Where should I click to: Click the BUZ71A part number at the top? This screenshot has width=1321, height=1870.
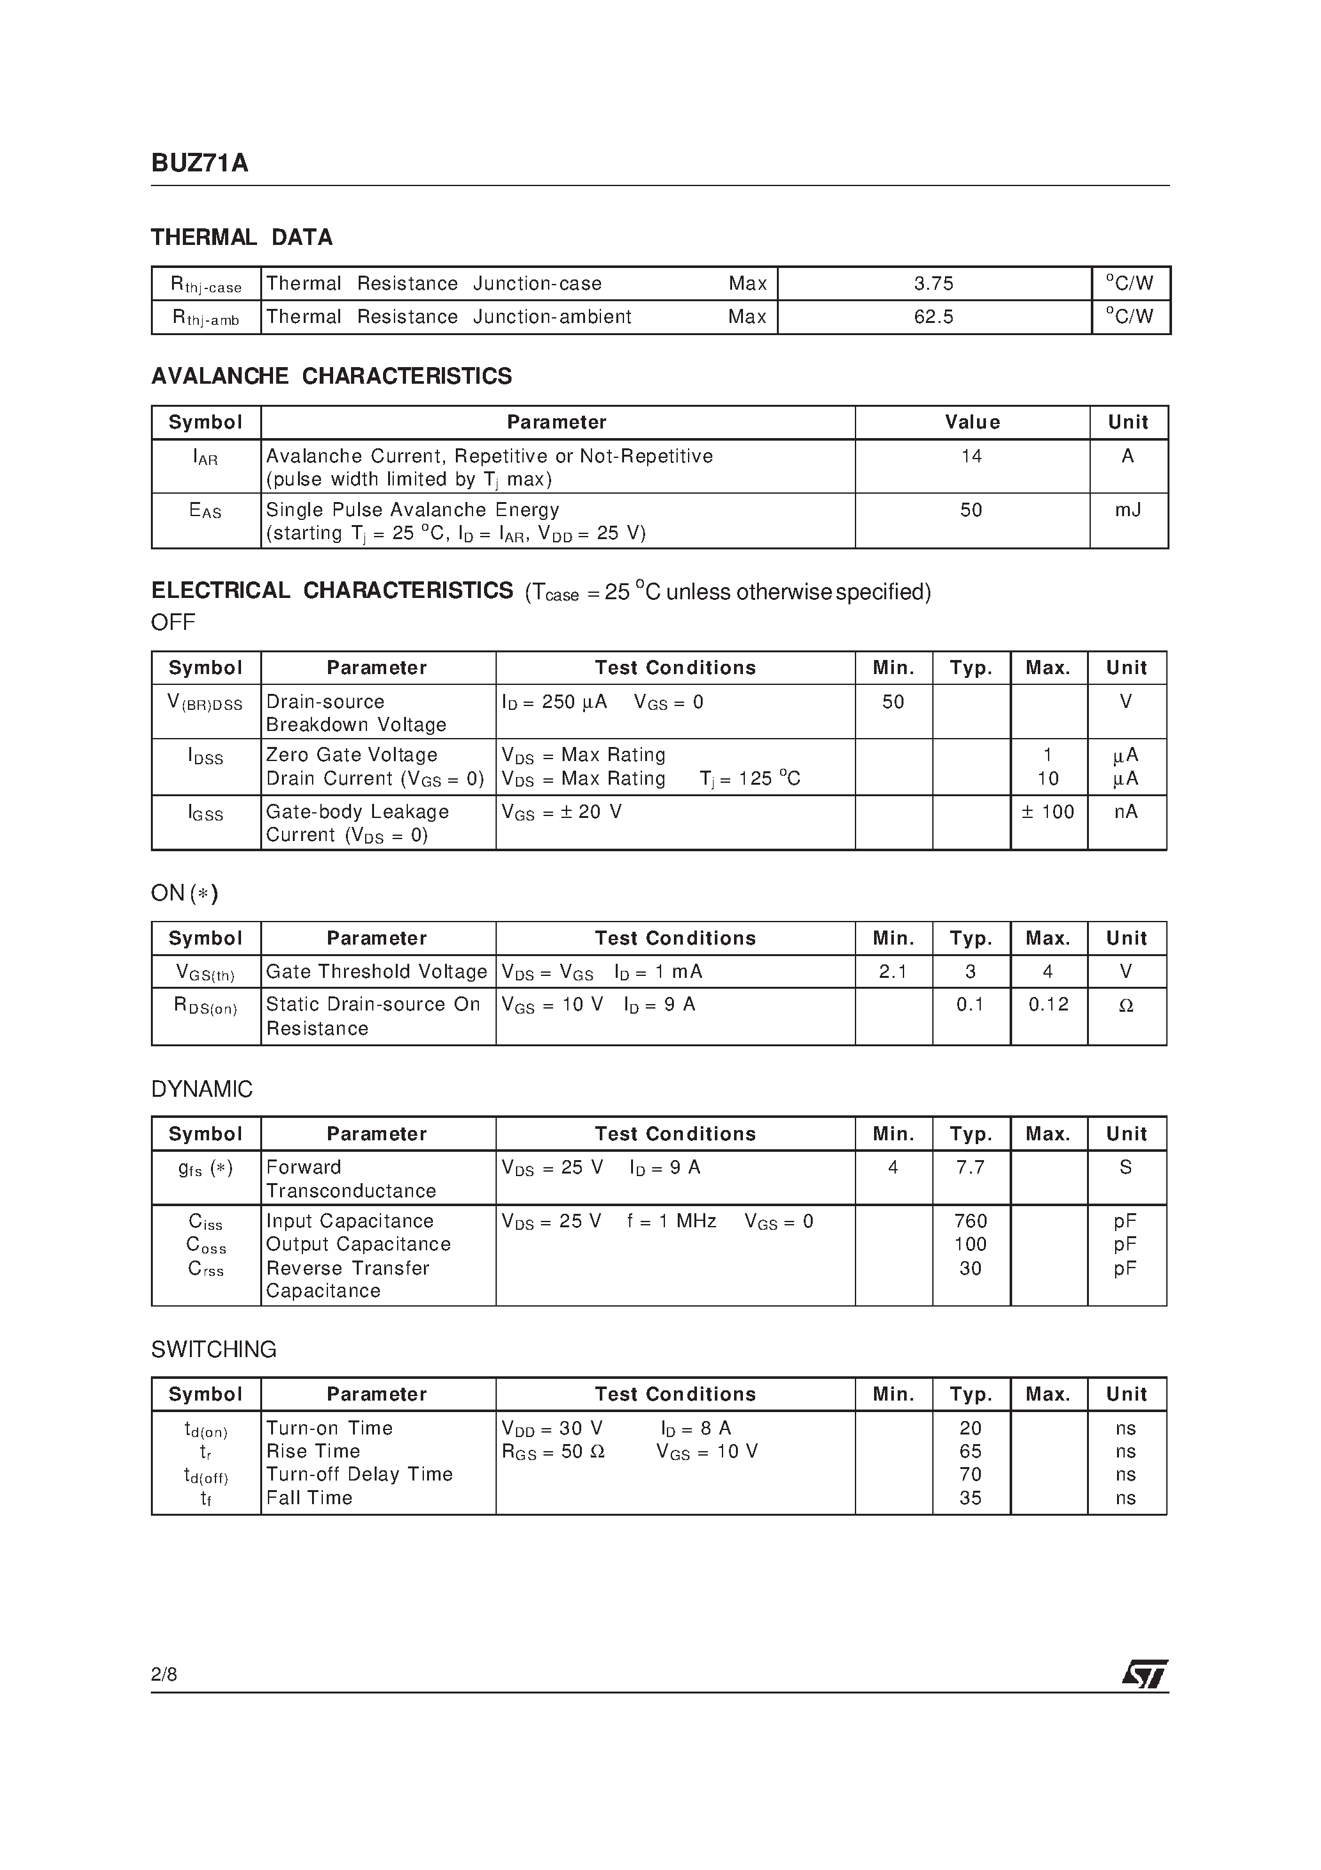[x=199, y=164]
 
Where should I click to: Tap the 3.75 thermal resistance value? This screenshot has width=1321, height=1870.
[x=934, y=283]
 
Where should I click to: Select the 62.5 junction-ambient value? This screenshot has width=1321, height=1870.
[x=934, y=317]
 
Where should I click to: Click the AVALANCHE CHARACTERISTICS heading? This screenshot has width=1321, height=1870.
[x=331, y=376]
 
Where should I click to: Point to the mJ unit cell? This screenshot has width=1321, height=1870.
[x=1128, y=510]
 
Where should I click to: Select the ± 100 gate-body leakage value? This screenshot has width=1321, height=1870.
[x=1048, y=812]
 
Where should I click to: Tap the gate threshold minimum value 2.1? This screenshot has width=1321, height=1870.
[x=893, y=971]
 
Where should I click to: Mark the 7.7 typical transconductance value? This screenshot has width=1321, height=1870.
[x=971, y=1168]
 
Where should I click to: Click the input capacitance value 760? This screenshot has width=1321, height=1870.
[x=971, y=1222]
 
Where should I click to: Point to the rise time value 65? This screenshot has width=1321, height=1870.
[x=971, y=1451]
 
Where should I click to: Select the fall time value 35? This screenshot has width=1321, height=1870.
[x=971, y=1498]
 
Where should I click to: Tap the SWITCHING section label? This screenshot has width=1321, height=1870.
[x=214, y=1349]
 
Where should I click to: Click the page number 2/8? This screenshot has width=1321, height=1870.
[x=164, y=1674]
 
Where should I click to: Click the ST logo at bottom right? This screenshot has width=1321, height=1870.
[x=1145, y=1674]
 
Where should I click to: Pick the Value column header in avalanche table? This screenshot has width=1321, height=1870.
[x=973, y=423]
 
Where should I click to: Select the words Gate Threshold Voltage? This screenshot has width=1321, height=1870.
[x=376, y=971]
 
